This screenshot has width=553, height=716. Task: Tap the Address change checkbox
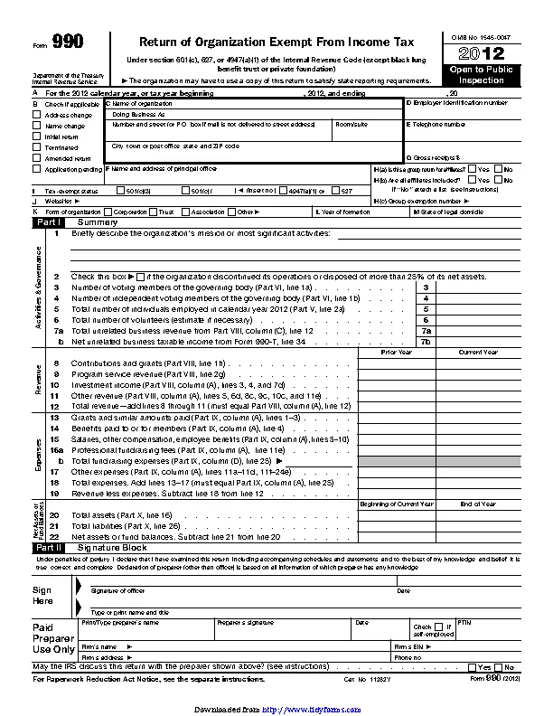(x=37, y=116)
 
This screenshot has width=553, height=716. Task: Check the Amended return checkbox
(x=37, y=157)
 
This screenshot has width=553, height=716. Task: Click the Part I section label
(x=50, y=221)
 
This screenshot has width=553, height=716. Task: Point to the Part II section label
(x=50, y=547)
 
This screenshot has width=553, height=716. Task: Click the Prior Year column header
(x=396, y=352)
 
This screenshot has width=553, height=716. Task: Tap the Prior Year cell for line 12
(x=396, y=406)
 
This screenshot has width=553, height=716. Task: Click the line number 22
(x=54, y=537)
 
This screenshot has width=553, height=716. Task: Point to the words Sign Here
(x=42, y=595)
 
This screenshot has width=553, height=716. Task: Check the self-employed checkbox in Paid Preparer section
(x=436, y=626)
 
